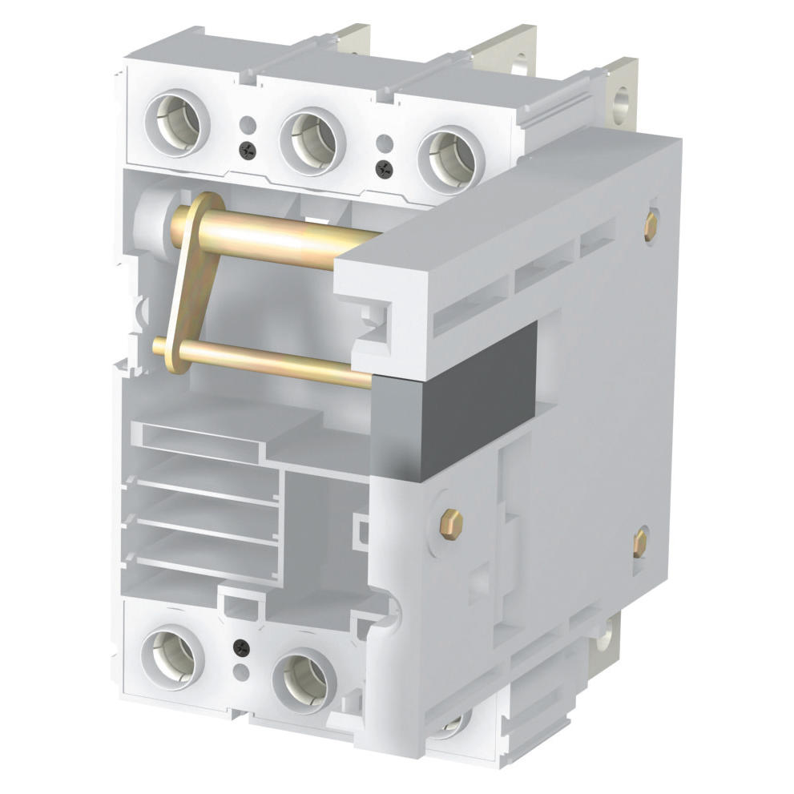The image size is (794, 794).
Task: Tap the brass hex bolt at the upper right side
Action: point(651,225)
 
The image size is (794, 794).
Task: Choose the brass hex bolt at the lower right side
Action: point(641,542)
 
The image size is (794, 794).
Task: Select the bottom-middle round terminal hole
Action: point(303,674)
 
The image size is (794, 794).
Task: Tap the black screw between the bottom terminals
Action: point(238,645)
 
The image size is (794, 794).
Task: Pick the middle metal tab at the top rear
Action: point(505,52)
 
